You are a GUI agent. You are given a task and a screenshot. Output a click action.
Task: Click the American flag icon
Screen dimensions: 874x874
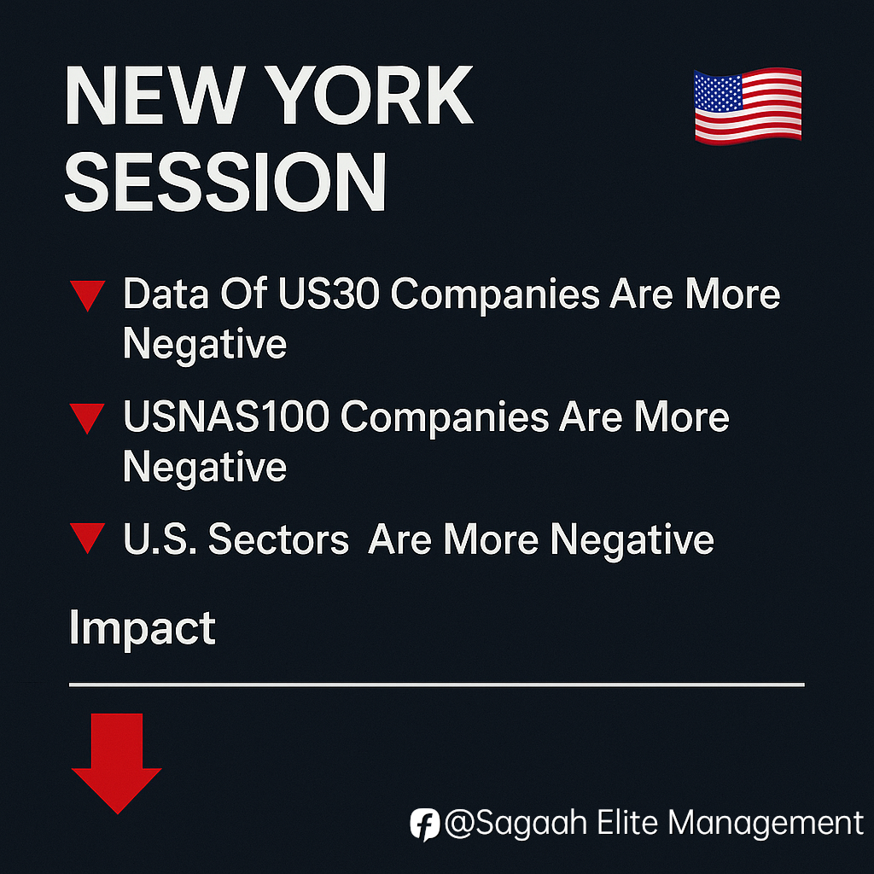coord(748,105)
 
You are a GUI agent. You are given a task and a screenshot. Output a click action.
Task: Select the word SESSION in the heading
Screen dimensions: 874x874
coord(225,182)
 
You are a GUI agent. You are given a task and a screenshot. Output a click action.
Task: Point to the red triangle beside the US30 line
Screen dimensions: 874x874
coord(88,294)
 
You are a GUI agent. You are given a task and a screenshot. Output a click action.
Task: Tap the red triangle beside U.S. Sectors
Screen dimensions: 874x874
coord(88,538)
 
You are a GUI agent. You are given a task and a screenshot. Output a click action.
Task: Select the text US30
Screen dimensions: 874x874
coord(329,294)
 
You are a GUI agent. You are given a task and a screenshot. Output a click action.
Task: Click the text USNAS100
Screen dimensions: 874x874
coord(226,417)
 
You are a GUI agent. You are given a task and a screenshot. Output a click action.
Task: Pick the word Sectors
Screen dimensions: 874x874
coord(279,539)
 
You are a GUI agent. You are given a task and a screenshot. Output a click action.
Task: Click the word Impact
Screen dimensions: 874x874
coord(143,629)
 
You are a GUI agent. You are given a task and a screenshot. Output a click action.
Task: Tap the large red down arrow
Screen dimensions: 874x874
coord(116,763)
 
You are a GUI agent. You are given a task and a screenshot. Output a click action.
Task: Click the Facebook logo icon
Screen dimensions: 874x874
coord(425,824)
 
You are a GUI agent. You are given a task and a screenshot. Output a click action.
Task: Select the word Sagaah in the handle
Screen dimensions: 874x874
coord(531,823)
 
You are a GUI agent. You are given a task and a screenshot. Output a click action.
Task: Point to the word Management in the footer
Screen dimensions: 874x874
coord(766,824)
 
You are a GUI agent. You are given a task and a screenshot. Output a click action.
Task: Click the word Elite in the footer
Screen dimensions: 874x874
coord(627,822)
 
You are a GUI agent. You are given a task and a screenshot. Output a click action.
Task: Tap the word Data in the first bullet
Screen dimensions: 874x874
coord(166,294)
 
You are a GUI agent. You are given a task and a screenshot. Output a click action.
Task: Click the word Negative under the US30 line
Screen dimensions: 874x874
coord(205,345)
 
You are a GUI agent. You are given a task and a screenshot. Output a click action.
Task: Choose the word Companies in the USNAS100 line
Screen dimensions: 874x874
coord(445,417)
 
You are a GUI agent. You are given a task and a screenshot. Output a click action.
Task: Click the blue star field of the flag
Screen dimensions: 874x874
coord(719,91)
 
